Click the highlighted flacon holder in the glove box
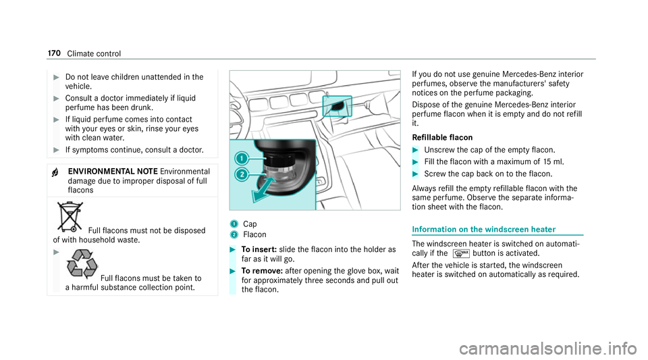(x=337, y=105)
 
